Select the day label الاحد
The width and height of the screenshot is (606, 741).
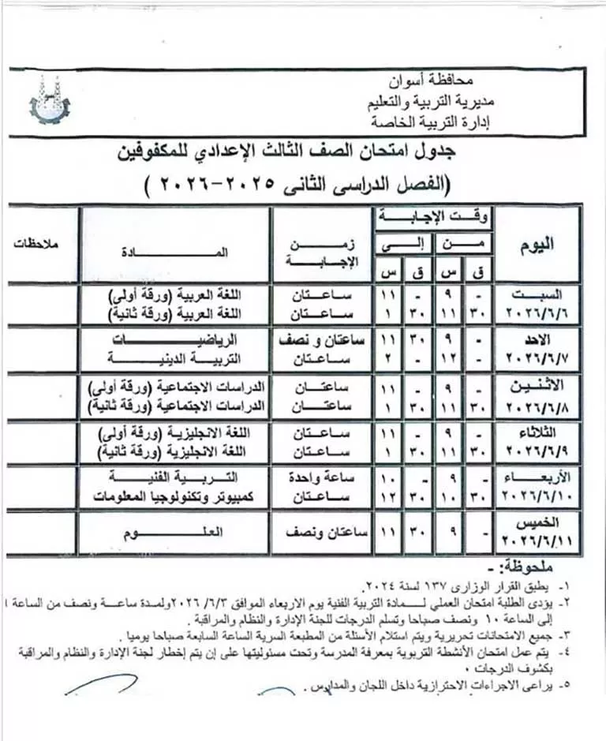544,341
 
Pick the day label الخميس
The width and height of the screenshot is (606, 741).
545,524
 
